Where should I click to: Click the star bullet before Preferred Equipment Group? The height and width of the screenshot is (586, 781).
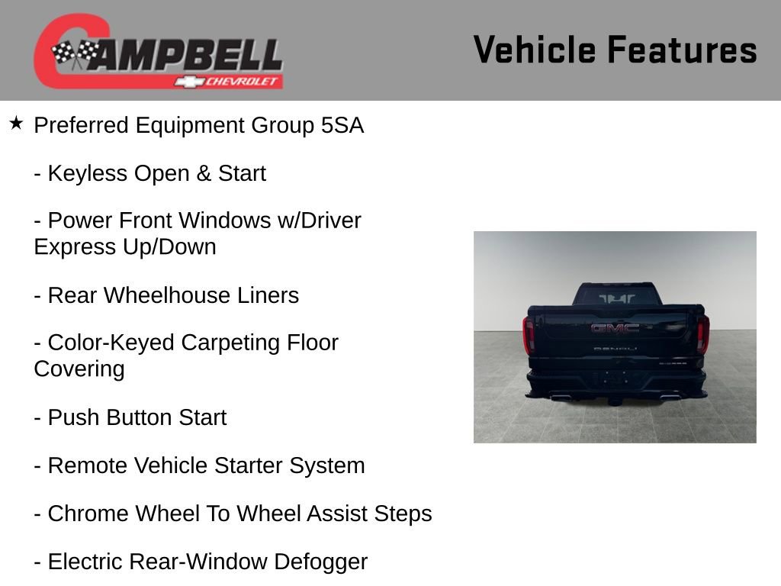17,123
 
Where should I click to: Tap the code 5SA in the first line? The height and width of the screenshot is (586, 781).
342,126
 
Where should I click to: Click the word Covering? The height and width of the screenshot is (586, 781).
79,369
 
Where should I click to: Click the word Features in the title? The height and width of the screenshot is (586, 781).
682,50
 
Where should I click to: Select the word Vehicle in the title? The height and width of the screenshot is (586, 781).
535,50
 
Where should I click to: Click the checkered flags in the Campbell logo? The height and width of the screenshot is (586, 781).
76,54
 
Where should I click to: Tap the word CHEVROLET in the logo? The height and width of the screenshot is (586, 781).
243,82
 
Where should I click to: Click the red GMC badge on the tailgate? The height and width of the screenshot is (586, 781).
615,328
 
